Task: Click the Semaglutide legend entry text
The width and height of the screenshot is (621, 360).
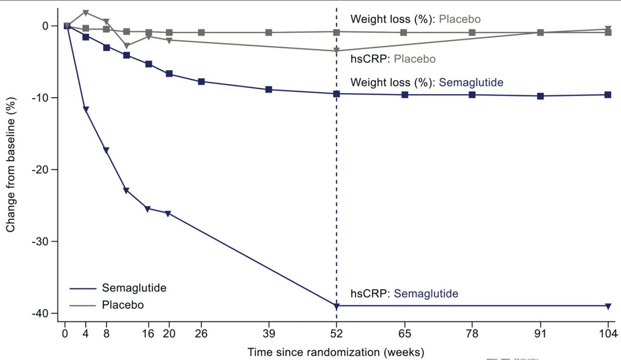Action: coord(134,288)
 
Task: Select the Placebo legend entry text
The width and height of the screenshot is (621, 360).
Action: coord(123,305)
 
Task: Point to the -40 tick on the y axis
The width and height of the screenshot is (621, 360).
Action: coord(42,313)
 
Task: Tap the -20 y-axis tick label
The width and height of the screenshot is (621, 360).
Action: coord(42,170)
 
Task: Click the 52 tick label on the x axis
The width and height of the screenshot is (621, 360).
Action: coord(336,334)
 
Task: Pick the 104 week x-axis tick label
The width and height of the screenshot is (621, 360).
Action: coord(608,334)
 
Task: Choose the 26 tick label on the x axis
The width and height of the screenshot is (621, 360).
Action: coord(201,334)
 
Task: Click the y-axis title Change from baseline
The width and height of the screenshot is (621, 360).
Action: coord(10,164)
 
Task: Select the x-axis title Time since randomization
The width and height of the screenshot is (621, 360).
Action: coord(336,352)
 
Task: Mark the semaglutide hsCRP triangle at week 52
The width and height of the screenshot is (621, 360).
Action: coord(336,306)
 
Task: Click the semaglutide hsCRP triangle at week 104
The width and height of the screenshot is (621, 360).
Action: coord(608,306)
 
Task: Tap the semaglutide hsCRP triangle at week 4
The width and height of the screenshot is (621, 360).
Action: coord(86,109)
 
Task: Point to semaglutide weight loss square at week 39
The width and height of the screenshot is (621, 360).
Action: coord(269,89)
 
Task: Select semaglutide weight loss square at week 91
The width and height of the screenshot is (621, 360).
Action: coord(540,96)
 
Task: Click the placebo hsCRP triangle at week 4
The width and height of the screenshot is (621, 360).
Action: coord(86,13)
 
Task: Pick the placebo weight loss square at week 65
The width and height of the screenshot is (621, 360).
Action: coord(404,33)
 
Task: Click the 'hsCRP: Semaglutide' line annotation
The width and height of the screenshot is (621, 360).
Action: coord(404,293)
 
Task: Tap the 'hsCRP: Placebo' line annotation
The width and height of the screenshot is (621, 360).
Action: coord(393,59)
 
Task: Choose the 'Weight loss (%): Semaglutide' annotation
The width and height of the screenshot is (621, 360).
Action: coord(426,82)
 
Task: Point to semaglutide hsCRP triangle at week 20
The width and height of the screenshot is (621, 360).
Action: coord(168,214)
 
